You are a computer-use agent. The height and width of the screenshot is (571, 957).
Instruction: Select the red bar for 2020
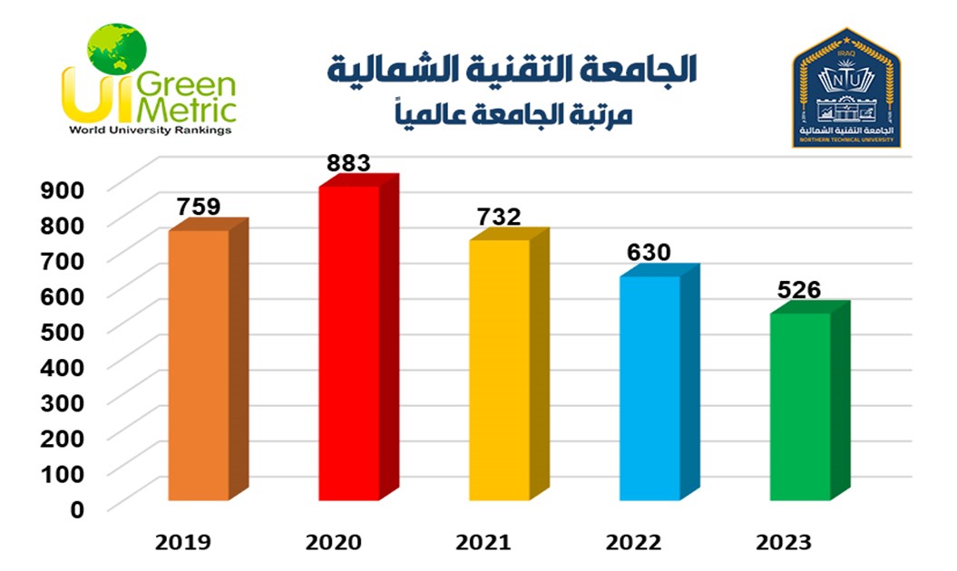(x=348, y=343)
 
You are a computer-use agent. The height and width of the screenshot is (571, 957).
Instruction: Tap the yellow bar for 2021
(x=499, y=369)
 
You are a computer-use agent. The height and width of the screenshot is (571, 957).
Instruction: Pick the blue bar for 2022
(x=649, y=387)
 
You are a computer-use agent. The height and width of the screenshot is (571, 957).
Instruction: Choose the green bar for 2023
(x=800, y=405)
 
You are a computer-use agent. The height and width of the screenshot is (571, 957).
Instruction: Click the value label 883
(x=349, y=163)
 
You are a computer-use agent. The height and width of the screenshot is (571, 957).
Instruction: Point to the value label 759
(x=199, y=207)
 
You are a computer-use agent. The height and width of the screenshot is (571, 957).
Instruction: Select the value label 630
(x=649, y=252)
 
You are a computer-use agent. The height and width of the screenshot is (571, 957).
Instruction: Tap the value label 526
(x=799, y=289)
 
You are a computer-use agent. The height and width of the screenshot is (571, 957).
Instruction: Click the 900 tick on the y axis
(x=63, y=189)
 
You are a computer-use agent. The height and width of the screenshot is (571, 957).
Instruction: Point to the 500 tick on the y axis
(x=63, y=331)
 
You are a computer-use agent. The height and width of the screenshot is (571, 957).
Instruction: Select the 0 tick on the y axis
(x=76, y=508)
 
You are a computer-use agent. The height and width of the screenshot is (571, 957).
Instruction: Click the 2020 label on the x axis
(x=334, y=543)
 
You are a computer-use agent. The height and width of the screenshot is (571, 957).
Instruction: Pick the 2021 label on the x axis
(x=483, y=543)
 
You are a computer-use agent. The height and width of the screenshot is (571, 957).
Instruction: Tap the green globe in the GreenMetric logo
(x=116, y=50)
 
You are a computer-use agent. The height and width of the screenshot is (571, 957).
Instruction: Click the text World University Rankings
(x=151, y=130)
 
